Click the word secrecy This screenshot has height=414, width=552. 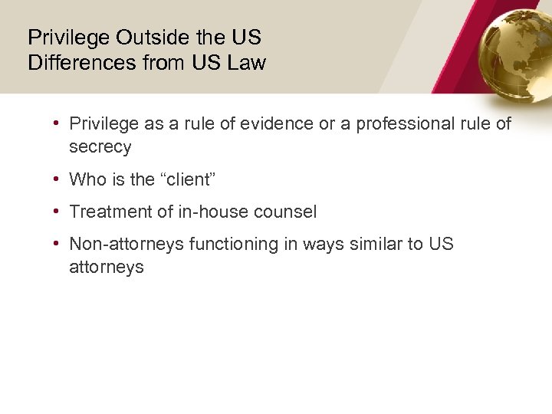click(x=100, y=146)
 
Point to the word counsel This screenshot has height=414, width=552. click(x=290, y=212)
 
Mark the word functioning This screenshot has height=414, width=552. click(x=235, y=244)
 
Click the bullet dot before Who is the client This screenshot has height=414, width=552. click(x=58, y=179)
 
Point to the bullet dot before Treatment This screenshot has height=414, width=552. click(x=58, y=212)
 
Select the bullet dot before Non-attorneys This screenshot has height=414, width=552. click(x=58, y=244)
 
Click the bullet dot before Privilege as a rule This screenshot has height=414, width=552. click(x=58, y=123)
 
